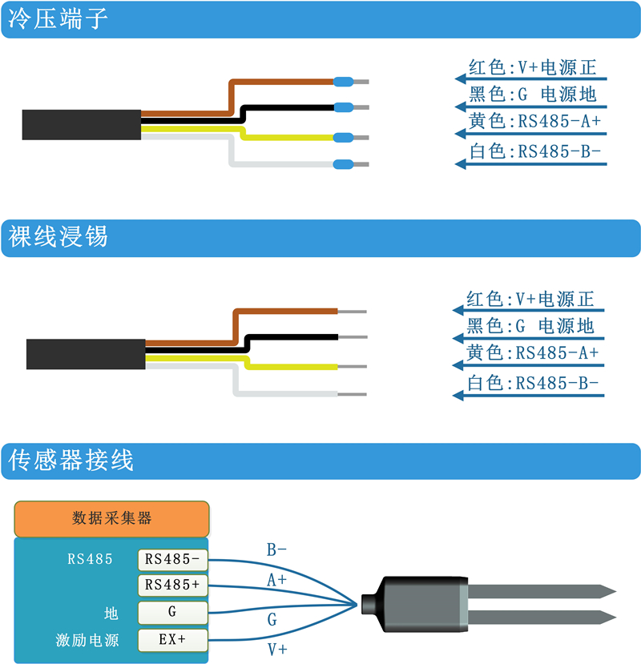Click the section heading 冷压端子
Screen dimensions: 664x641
[x=58, y=20]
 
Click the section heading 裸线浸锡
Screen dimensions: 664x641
[x=58, y=238]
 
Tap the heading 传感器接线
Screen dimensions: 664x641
[x=71, y=461]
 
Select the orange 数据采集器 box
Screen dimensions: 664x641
[x=111, y=518]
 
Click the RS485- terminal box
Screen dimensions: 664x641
[x=172, y=559]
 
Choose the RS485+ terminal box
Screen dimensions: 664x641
[x=172, y=586]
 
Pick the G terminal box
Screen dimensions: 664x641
[x=172, y=613]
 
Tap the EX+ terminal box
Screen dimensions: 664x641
[x=172, y=639]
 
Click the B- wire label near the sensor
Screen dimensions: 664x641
[x=276, y=550]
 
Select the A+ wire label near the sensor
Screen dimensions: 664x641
[x=276, y=579]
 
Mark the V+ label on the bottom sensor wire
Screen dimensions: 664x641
[x=276, y=650]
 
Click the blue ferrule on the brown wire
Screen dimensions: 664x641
[x=343, y=81]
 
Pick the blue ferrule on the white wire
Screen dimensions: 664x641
[x=343, y=165]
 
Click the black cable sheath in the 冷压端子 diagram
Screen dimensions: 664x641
[x=81, y=124]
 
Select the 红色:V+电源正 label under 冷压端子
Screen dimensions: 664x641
[x=532, y=67]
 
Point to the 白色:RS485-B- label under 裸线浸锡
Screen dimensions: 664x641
[x=533, y=383]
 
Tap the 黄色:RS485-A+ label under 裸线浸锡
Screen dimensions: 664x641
[x=533, y=352]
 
